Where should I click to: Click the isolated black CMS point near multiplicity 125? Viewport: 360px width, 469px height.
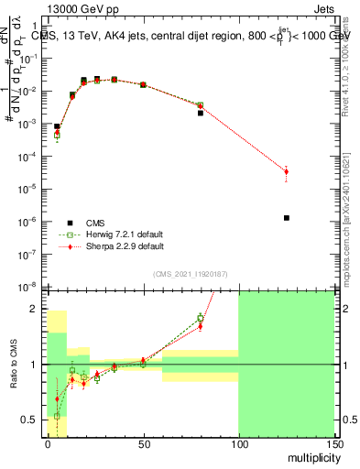287,218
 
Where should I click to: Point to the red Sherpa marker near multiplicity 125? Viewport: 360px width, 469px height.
287,171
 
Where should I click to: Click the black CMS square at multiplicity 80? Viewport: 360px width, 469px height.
200,113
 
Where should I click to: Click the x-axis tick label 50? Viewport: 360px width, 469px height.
143,442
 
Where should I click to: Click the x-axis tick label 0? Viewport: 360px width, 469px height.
48,442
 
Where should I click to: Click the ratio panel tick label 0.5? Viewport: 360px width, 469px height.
33,420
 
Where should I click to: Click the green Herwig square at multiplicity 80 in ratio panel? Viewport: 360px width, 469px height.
200,319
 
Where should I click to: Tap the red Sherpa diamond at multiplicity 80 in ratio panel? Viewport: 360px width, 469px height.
200,325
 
